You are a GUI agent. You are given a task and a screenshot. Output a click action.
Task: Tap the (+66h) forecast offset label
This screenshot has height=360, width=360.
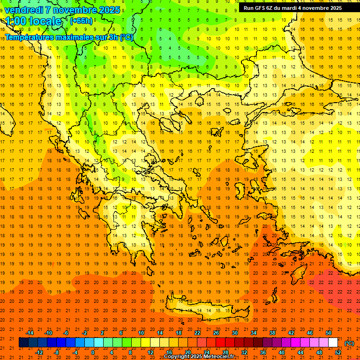point(81,21)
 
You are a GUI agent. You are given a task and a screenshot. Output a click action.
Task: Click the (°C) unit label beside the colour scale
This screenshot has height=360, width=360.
point(349,343)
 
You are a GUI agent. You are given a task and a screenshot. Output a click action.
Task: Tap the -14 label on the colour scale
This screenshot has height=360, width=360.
point(30,333)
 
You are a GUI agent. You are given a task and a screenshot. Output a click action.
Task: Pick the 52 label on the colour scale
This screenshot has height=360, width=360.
point(338,352)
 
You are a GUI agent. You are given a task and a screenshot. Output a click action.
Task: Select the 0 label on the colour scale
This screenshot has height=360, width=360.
point(93,352)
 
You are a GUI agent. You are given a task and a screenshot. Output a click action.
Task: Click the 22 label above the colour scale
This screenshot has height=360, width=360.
point(197,333)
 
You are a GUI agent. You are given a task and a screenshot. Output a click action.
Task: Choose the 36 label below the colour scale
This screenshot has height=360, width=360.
point(263,352)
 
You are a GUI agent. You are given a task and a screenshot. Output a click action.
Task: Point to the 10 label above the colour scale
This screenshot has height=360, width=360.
point(141,333)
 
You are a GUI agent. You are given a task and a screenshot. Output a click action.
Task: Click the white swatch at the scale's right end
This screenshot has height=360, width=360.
point(333,343)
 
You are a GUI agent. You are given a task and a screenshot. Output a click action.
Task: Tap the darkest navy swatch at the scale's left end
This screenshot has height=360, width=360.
point(23,343)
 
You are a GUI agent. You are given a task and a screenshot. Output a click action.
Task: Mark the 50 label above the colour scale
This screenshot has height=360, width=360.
point(329,333)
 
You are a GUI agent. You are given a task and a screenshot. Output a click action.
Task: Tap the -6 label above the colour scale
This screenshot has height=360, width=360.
point(66,333)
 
